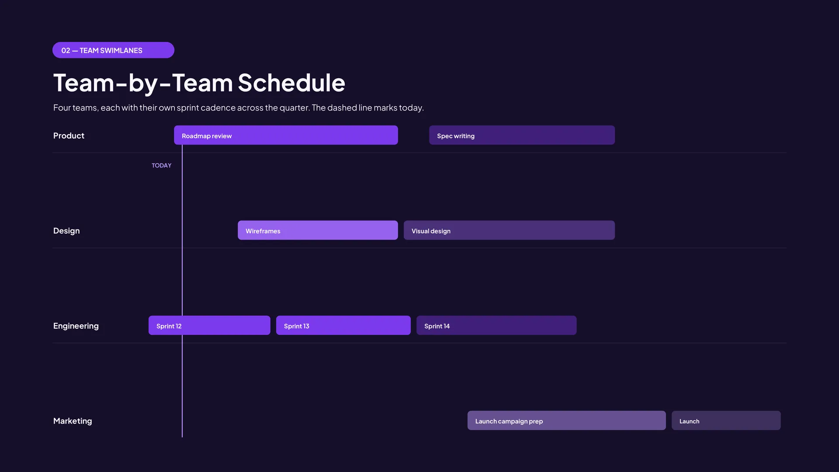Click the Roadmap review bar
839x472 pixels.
[x=286, y=135]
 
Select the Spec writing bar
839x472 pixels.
[x=522, y=135]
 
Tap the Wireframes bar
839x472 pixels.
[x=318, y=230]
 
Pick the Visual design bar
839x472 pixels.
[x=509, y=230]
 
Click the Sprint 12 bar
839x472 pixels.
[x=209, y=325]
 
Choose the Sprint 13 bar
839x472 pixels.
[x=343, y=325]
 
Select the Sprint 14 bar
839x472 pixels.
[x=496, y=325]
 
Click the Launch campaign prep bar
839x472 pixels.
[x=566, y=420]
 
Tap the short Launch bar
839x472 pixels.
[x=726, y=420]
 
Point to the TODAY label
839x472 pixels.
[x=161, y=165]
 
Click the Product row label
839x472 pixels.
[x=69, y=135]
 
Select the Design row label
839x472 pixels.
[x=66, y=231]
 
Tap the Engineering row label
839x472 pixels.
[x=76, y=326]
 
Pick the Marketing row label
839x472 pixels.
[x=73, y=421]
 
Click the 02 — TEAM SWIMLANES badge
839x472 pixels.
[x=113, y=50]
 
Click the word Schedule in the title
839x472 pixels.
[x=291, y=83]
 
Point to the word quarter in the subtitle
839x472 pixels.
[x=294, y=108]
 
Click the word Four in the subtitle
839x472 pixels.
[x=62, y=108]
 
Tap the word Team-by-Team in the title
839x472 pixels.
[x=143, y=83]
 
